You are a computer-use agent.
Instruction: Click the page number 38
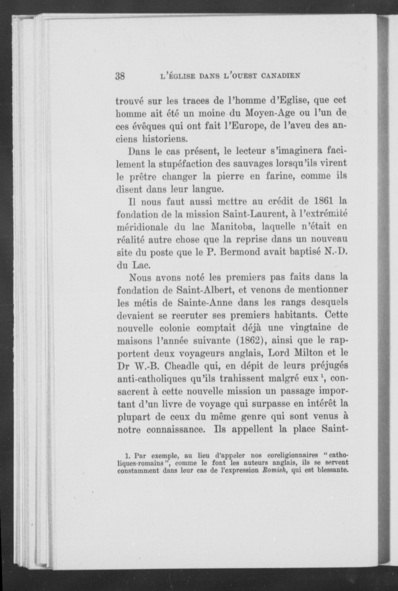(120, 76)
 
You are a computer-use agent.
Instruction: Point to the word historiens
(165, 139)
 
